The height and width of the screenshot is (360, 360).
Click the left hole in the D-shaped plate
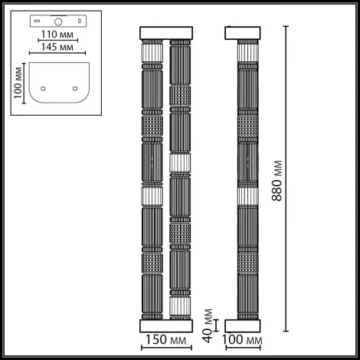tap(41, 87)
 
